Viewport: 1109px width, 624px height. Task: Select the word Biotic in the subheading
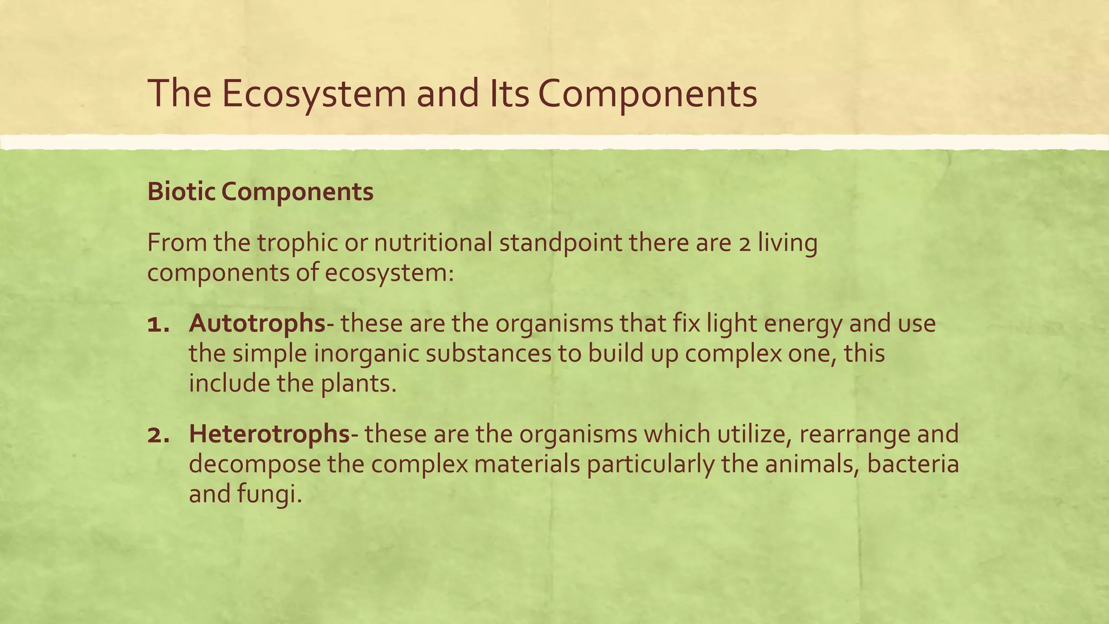pos(181,192)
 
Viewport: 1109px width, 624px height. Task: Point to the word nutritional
pos(433,243)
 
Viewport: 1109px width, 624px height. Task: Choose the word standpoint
pos(560,243)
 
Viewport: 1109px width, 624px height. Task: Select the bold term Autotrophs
pos(257,324)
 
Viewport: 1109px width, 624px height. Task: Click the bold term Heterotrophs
pos(269,434)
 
